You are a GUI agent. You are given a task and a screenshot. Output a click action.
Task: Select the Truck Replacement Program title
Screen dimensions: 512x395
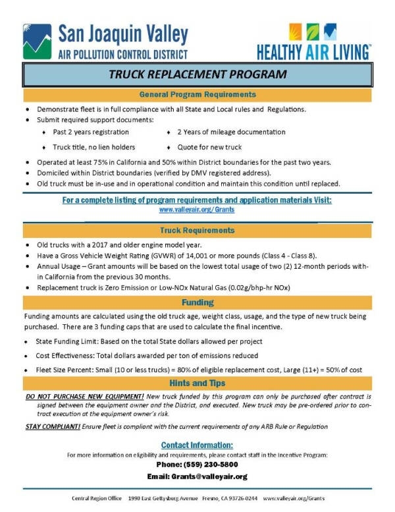197,74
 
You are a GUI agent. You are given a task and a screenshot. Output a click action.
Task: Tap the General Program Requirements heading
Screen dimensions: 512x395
197,95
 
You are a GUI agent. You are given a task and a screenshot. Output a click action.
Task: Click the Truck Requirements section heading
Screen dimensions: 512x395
197,231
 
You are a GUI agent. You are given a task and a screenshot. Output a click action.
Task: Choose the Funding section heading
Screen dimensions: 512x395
197,302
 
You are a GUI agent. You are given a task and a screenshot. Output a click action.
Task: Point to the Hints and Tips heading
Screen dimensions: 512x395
197,383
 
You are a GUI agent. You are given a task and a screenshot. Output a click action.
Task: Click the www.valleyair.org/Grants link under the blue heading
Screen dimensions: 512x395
197,209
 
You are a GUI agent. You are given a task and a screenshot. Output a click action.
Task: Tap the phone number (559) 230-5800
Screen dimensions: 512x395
197,465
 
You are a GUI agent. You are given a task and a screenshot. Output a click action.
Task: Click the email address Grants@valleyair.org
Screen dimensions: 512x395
197,476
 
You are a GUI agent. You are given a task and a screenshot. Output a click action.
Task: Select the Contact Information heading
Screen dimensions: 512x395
197,445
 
